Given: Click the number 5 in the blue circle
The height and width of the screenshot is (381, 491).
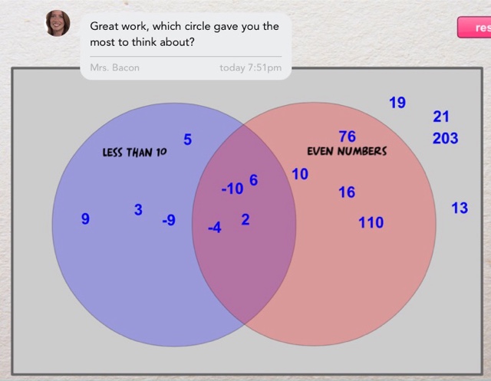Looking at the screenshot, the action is coord(187,140).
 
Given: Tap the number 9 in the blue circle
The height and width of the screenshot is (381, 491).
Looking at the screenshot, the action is coord(85,219).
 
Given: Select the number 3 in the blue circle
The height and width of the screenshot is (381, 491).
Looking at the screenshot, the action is coord(138,209).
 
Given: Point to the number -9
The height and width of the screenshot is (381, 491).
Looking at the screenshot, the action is coord(169,221).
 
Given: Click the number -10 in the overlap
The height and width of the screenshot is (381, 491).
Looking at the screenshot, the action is coord(232,189).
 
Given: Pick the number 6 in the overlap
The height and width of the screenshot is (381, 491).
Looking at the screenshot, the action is coord(253,180).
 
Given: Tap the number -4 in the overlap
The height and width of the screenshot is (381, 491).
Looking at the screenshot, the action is coord(215,228).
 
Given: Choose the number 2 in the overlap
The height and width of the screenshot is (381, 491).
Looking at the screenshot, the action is coord(245,219).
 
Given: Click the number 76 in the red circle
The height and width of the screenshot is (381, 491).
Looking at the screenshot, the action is coord(347,136).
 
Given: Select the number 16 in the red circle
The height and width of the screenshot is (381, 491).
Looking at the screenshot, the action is coord(347,192).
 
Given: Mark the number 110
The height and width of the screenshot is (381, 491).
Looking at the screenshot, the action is coord(371,223).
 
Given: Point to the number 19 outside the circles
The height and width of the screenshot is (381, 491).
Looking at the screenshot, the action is coord(397,102).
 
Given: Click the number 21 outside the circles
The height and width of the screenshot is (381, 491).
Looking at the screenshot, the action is coord(441,117).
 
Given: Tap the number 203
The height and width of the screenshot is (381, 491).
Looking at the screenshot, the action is coord(445,138).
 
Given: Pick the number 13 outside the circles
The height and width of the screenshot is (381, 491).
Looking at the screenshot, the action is coord(460,208).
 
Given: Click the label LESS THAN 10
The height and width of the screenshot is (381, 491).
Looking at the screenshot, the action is coord(134,153).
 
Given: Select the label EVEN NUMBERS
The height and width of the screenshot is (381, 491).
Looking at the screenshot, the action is coord(347,152).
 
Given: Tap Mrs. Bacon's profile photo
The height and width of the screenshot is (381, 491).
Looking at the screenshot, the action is coord(58,24).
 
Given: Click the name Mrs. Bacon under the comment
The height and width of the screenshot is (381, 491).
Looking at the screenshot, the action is coord(115,67).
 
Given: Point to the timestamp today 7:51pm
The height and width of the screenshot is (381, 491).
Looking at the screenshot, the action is coord(250,67).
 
